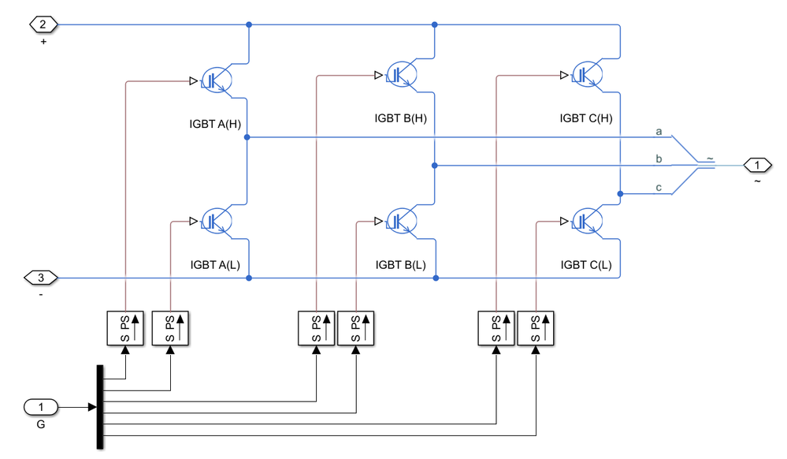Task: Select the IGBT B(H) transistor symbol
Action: tap(401, 74)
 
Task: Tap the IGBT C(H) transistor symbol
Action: tap(586, 74)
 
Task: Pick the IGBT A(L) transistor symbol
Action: tap(215, 220)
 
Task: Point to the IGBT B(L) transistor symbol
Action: tap(401, 220)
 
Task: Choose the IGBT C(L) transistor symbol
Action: tap(586, 220)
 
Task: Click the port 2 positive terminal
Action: tap(43, 24)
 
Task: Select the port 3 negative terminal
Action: tap(41, 278)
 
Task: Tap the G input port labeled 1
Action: tap(41, 407)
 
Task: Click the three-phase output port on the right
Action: tap(758, 166)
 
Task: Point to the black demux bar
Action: tap(100, 407)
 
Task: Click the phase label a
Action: tap(659, 130)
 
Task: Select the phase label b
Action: tap(659, 159)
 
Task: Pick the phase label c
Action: tap(659, 187)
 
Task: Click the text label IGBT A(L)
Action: tap(215, 264)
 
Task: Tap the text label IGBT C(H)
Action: tap(586, 118)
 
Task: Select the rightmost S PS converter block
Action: tap(536, 328)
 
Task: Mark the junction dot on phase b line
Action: tap(434, 166)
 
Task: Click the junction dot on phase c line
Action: tap(620, 193)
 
